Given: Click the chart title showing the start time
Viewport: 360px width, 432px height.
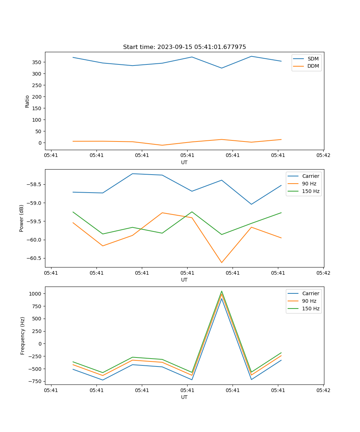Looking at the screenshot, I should click(x=184, y=47).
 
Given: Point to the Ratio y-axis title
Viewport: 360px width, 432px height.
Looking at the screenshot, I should click(x=27, y=101).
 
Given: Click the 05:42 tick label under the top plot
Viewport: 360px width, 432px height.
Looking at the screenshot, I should click(x=323, y=156).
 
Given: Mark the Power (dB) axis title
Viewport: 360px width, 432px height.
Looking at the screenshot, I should click(x=22, y=218).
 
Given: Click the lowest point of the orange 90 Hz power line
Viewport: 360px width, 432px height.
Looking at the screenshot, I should click(x=221, y=262).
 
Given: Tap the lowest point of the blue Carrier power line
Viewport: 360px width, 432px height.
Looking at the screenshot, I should click(x=251, y=204).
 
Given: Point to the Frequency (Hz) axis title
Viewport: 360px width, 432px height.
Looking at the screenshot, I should click(x=23, y=336).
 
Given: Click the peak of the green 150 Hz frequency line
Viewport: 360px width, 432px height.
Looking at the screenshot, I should click(x=221, y=291).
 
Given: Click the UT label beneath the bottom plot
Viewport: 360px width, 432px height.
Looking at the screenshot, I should click(x=184, y=397).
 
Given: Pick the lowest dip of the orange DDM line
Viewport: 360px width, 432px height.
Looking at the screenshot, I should click(x=162, y=145).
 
